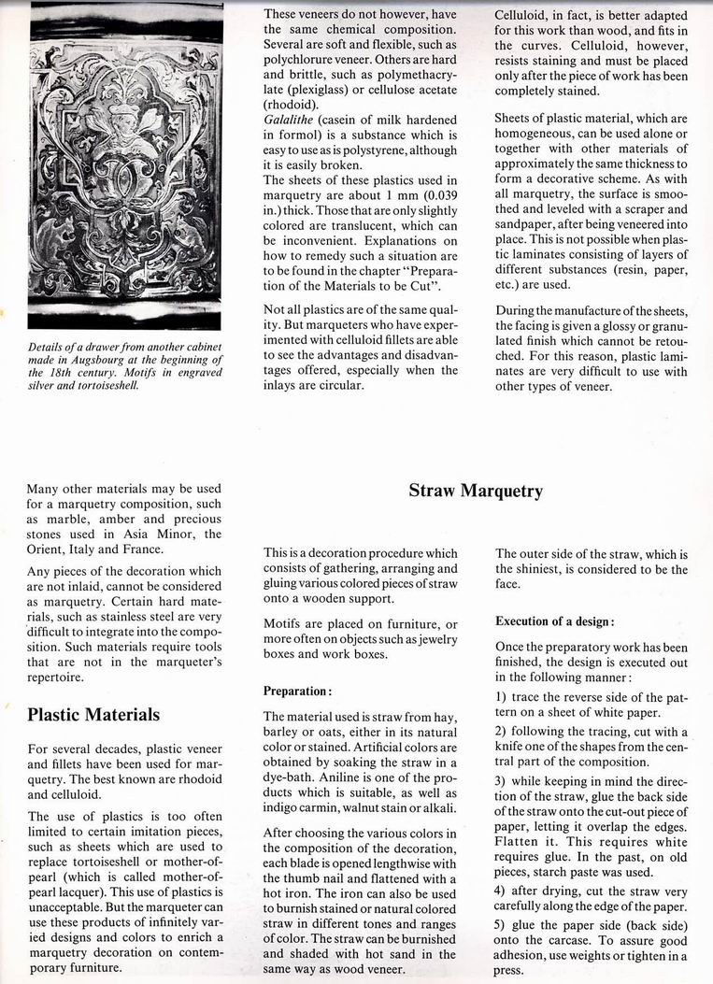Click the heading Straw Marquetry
point(476,491)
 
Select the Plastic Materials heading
point(93,715)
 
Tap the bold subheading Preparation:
point(297,692)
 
